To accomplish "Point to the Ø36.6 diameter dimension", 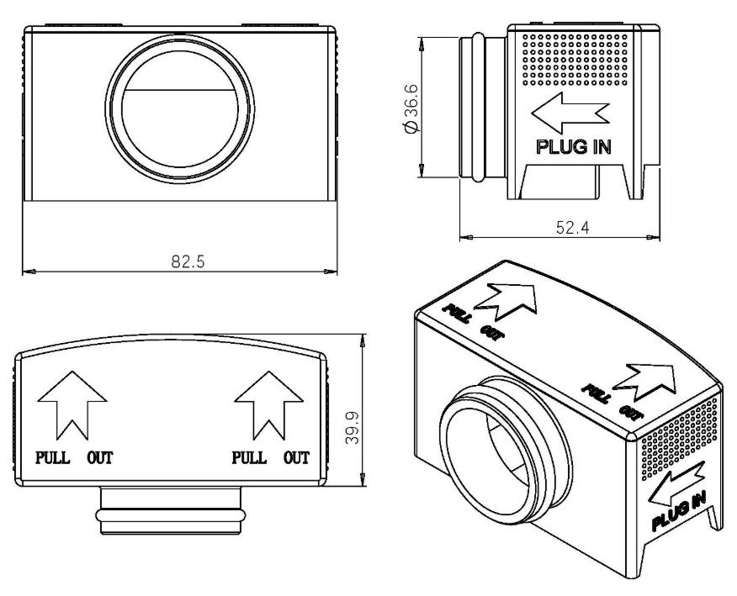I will point(411,108).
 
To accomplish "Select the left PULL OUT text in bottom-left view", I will point(74,458).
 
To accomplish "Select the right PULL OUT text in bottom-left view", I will point(270,458).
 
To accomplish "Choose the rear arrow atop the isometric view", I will point(508,299).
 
